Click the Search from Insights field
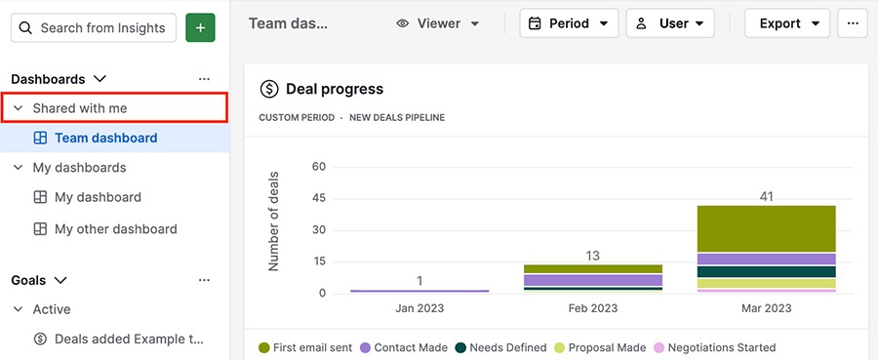[94, 27]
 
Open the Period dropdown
[569, 23]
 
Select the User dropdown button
[669, 23]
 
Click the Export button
[786, 23]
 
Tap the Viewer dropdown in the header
[438, 23]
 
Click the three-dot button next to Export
[853, 23]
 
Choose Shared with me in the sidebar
[80, 108]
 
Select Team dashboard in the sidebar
[105, 139]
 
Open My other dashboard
[115, 229]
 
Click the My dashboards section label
[79, 168]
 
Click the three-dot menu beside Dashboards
[204, 79]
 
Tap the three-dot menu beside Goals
[204, 280]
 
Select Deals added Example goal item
[129, 340]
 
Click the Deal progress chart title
[334, 90]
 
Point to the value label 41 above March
[766, 196]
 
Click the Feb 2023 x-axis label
[592, 309]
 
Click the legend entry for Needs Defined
[502, 347]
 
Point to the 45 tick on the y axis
[318, 199]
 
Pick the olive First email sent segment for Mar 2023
[766, 228]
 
